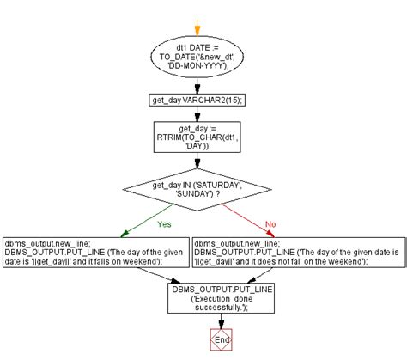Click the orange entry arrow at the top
[x=197, y=27]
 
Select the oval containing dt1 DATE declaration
[x=197, y=57]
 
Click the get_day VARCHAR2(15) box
[x=197, y=101]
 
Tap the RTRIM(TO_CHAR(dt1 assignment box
[x=197, y=137]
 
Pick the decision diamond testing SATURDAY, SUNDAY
[x=197, y=190]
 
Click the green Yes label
[x=164, y=224]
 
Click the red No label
[x=270, y=224]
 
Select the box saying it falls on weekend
[x=96, y=253]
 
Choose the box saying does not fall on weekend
[x=299, y=253]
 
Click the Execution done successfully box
[x=221, y=298]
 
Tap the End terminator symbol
[x=221, y=339]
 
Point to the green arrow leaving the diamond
[x=147, y=221]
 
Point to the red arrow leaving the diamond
[x=248, y=221]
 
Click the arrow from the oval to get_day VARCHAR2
[x=197, y=86]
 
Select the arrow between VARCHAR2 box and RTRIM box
[x=197, y=114]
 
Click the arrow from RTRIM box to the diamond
[x=197, y=161]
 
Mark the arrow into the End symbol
[x=221, y=321]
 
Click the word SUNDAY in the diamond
[x=194, y=194]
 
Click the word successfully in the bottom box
[x=218, y=308]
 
